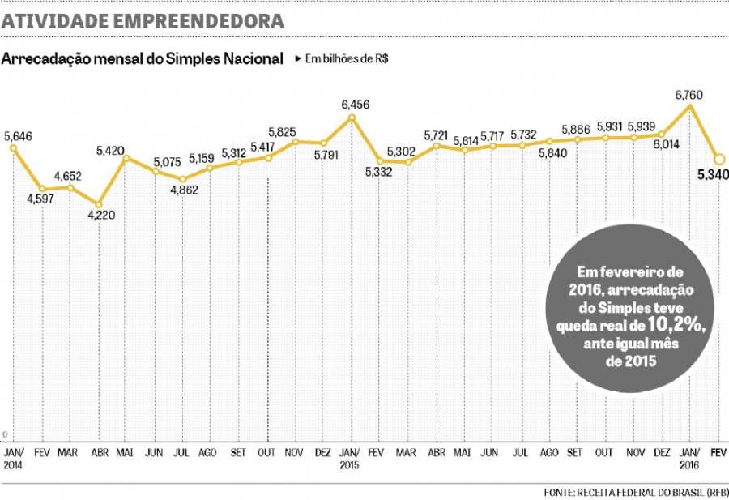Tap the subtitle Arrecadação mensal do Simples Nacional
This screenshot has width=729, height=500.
pos(143,59)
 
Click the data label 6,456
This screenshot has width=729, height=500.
pos(355,105)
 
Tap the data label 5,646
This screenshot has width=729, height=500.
pos(18,137)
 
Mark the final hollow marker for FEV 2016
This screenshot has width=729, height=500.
pos(718,159)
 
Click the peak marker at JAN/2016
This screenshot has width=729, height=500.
pos(690,106)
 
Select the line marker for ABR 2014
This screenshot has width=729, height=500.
pos(100,204)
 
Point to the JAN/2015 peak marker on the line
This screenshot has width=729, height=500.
pos(352,117)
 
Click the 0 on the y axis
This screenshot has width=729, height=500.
pos(5,435)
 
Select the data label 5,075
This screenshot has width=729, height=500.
pos(166,160)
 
